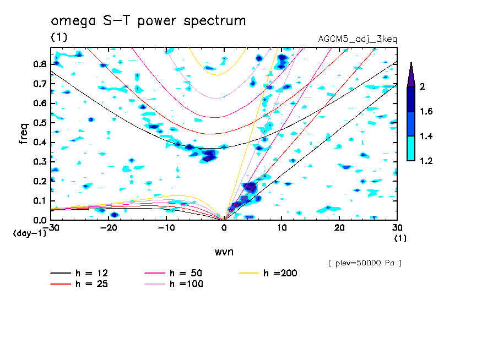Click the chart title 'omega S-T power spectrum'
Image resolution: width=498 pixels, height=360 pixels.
[148, 21]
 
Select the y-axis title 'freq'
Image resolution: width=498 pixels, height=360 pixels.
[24, 134]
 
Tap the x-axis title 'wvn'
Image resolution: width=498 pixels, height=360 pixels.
[224, 252]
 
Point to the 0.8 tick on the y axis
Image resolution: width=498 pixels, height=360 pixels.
[39, 64]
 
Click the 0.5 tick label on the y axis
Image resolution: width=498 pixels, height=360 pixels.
[39, 123]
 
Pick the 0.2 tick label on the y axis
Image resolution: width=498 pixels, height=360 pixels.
[39, 181]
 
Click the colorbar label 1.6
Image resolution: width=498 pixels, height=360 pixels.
[426, 112]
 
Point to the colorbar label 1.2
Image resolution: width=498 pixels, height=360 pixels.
[426, 161]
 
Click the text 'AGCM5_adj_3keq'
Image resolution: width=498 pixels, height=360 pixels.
[358, 39]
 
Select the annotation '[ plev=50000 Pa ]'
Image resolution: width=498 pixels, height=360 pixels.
[365, 263]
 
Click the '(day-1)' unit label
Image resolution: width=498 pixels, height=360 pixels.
[30, 233]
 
